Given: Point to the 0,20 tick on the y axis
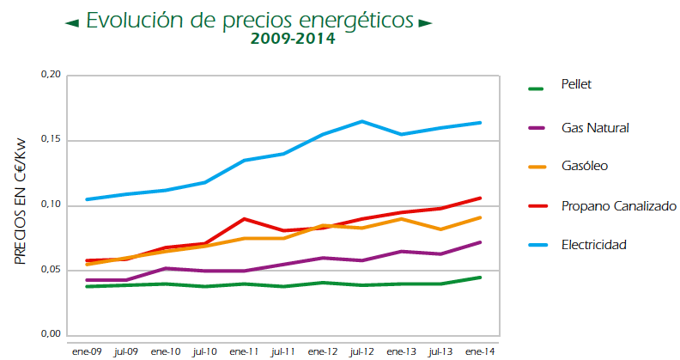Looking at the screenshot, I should (51, 76).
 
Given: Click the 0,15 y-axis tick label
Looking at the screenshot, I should (51, 140).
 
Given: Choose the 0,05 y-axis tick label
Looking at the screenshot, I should (51, 271).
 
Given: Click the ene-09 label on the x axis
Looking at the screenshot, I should (86, 351).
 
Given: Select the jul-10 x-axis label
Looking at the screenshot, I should (204, 351).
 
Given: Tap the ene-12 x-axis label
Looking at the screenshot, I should (323, 351).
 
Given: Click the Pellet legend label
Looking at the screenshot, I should (577, 84).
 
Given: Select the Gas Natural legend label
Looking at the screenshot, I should (595, 128).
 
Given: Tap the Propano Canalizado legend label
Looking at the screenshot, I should (618, 206).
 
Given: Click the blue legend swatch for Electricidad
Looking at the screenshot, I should (537, 246).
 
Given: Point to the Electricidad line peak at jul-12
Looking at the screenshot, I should (362, 121).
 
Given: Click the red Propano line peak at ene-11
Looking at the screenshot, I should (244, 219).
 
